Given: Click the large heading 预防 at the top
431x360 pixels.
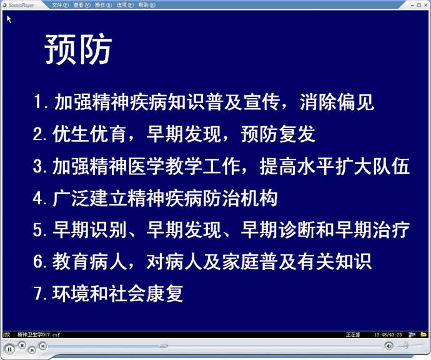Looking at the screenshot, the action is [x=78, y=49].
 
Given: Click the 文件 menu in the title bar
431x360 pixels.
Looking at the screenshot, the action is [x=60, y=5].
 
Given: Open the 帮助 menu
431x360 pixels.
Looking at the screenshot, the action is [x=147, y=5].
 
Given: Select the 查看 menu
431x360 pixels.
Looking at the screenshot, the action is [x=82, y=5].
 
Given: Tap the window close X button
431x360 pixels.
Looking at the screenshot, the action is [x=425, y=5].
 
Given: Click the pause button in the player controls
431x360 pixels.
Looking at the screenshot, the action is [x=10, y=349].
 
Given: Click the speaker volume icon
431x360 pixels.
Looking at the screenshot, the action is [x=389, y=346].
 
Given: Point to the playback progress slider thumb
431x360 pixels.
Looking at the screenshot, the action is [x=163, y=346].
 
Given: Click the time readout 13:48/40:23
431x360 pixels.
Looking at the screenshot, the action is [x=388, y=335].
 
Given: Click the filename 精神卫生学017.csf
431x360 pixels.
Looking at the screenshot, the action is [x=39, y=335].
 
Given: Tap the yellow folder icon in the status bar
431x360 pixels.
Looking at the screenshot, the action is [x=424, y=334].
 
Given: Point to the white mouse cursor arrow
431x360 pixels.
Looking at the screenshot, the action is [x=9, y=19].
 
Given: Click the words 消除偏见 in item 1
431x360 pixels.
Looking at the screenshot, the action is [x=337, y=102].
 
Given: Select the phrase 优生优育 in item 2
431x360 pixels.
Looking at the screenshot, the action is [x=89, y=134].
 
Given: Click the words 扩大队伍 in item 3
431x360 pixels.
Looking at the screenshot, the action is [x=372, y=166].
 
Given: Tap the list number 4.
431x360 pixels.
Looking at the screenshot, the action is [x=37, y=198].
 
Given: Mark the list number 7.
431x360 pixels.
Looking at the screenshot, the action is [x=37, y=294].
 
